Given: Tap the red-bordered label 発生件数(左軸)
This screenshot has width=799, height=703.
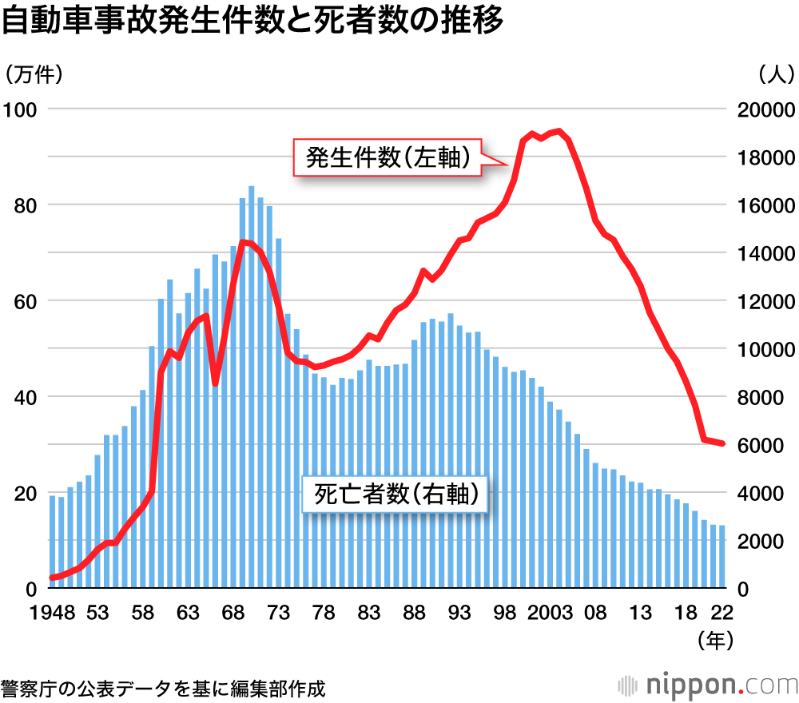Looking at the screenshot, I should coord(387,157).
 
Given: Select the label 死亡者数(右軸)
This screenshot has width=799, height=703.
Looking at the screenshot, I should coord(396,494).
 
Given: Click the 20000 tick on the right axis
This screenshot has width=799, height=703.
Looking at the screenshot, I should coord(763,110).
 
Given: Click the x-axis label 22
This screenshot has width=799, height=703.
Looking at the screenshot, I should coord(722,614).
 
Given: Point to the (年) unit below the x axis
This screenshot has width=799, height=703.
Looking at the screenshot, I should coord(714,640).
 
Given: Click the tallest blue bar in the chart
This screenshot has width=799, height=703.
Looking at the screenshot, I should coord(251,387).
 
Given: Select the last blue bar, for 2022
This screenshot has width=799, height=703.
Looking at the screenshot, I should coord(721,557).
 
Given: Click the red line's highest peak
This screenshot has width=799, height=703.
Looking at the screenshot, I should coord(559,131).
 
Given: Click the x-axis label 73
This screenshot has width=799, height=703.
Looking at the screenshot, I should coord(278,614).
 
